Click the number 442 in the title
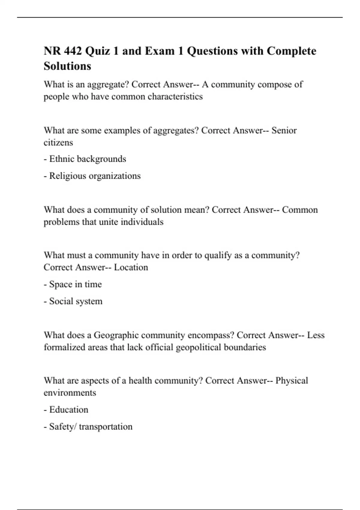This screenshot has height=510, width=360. pyautogui.click(x=73, y=51)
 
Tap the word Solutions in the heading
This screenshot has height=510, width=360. pyautogui.click(x=67, y=66)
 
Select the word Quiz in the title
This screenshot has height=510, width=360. pyautogui.click(x=98, y=51)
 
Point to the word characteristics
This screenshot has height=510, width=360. pyautogui.click(x=175, y=97)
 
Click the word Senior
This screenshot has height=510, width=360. pyautogui.click(x=284, y=130)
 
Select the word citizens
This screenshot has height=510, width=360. pyautogui.click(x=58, y=142)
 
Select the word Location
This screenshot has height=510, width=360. pyautogui.click(x=131, y=267)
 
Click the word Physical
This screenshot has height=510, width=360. pyautogui.click(x=292, y=381)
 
